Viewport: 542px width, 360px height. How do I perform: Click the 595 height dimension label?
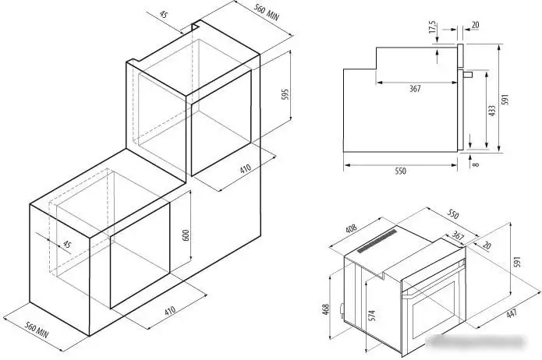point(285,94)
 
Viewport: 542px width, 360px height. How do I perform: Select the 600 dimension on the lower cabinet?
point(186,235)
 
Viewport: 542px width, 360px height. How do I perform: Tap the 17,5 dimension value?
point(432,27)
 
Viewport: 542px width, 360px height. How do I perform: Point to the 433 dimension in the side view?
point(492,111)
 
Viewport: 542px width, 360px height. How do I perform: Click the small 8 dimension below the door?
point(476,164)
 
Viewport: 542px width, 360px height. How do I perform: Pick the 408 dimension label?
point(351,229)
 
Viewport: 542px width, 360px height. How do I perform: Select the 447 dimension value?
point(512,313)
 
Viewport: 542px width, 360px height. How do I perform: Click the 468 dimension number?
point(326,309)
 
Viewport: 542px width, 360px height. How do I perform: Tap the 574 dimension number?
point(371,316)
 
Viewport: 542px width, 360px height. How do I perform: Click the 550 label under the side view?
point(400,171)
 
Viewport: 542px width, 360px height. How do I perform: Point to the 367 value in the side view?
point(415,89)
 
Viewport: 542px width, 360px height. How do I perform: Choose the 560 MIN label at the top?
point(267,12)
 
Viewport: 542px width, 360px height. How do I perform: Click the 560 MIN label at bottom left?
point(37,330)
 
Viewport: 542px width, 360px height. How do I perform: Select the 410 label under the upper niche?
point(245,169)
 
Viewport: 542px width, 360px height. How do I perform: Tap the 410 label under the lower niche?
point(170,310)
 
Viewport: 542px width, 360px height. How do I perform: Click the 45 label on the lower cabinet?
point(67,244)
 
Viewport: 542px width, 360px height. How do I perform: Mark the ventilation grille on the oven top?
point(377,241)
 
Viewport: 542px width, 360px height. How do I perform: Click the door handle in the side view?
point(466,74)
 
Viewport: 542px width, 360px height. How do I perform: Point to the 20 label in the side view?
point(475,25)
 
